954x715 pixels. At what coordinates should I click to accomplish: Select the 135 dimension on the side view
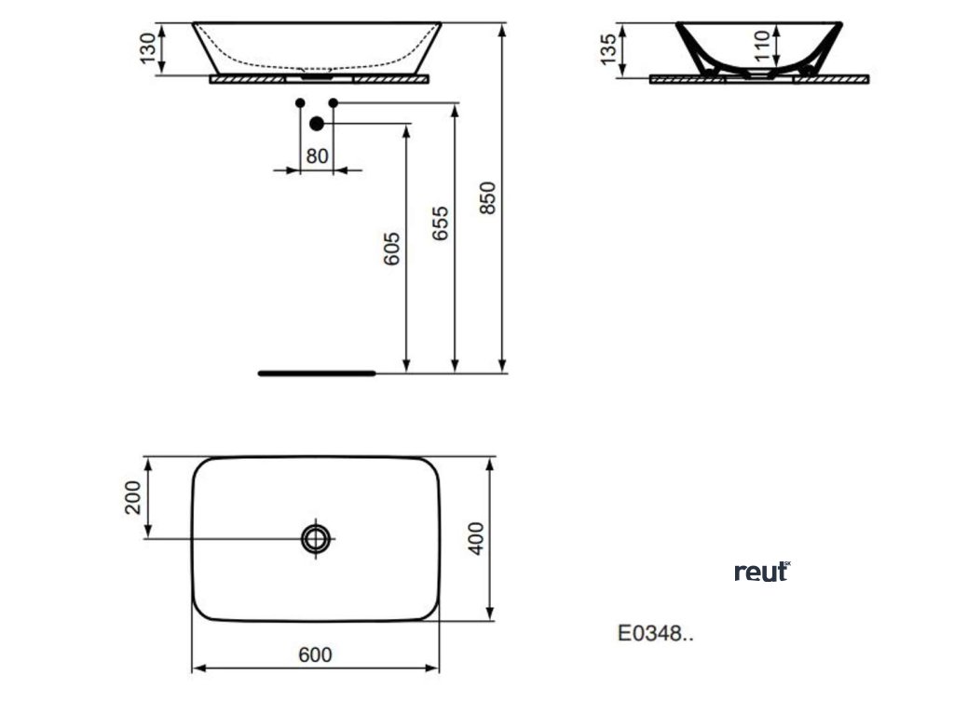click(x=608, y=49)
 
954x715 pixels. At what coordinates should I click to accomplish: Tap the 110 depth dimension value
click(x=763, y=44)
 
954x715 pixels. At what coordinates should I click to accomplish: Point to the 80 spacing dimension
click(x=317, y=155)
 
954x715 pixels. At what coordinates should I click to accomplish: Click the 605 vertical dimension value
click(x=392, y=249)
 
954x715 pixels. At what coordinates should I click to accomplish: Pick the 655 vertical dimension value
click(x=441, y=224)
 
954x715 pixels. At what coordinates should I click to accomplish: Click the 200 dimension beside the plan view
click(x=132, y=497)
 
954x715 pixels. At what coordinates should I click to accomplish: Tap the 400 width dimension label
click(x=476, y=538)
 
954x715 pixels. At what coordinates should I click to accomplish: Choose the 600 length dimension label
click(x=315, y=654)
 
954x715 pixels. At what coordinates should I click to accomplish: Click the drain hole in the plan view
click(x=316, y=538)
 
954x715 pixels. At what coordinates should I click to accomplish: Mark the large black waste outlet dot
click(x=317, y=123)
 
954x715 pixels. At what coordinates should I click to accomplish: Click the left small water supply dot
click(x=299, y=101)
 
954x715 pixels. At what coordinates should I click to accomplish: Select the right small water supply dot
click(x=333, y=101)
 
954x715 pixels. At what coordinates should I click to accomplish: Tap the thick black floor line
click(x=316, y=372)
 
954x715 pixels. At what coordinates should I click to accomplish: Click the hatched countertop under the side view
click(x=759, y=80)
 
